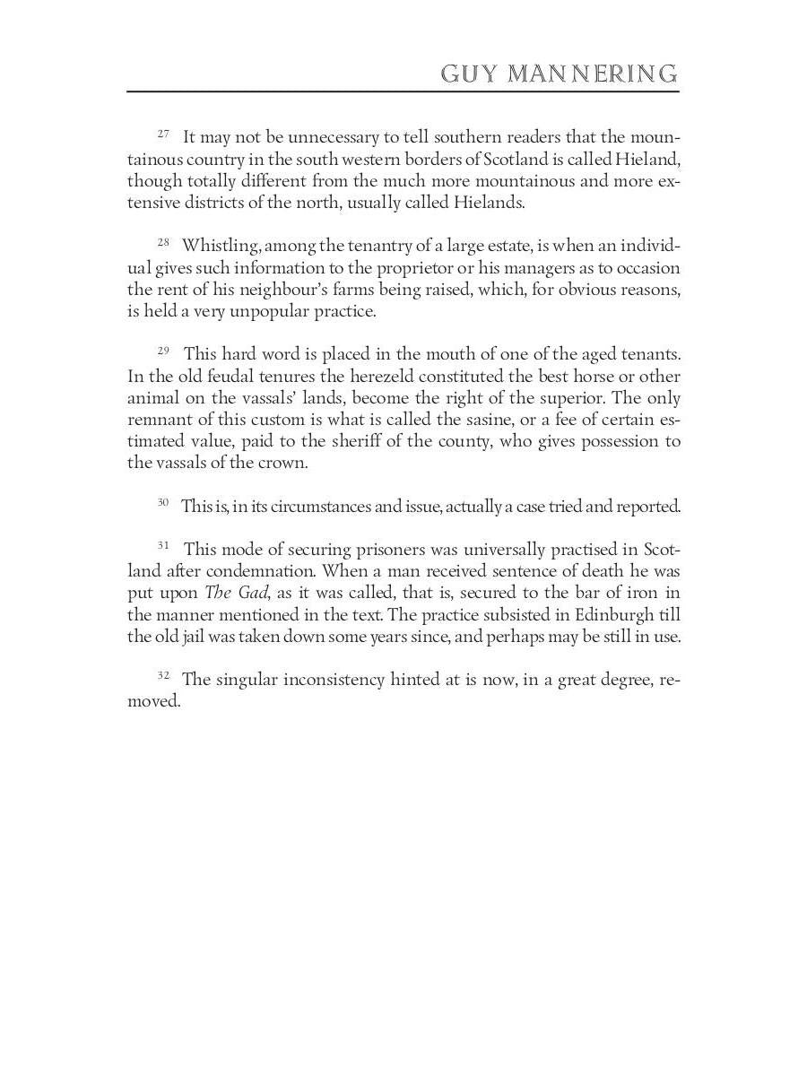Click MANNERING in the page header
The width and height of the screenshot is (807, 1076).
click(x=593, y=74)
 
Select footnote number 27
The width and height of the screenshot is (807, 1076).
click(x=163, y=134)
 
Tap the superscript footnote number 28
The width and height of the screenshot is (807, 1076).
click(x=163, y=242)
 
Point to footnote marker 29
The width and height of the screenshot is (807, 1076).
click(x=163, y=351)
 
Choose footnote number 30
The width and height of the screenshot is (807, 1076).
click(x=163, y=502)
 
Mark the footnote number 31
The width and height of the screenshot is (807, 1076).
click(x=163, y=545)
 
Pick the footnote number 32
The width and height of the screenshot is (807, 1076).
click(x=163, y=675)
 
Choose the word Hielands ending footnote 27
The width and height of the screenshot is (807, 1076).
click(x=488, y=203)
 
